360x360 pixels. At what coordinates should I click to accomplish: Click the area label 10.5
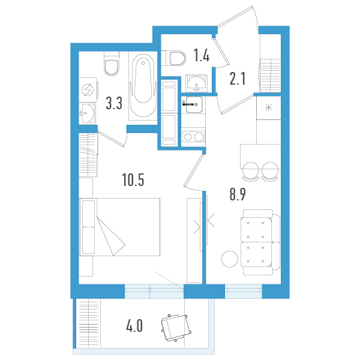click(133, 179)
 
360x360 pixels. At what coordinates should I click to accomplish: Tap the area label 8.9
click(238, 194)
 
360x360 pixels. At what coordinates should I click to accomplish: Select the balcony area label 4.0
click(134, 326)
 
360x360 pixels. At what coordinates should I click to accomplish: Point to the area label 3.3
click(114, 103)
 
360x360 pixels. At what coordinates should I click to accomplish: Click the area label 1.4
click(202, 55)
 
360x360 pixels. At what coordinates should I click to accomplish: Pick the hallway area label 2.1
click(238, 78)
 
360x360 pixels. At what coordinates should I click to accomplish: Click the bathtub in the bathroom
click(143, 85)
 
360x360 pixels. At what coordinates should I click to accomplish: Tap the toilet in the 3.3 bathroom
click(112, 64)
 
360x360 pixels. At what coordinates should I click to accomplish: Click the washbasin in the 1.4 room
click(196, 83)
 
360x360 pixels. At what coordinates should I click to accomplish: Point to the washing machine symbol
click(88, 89)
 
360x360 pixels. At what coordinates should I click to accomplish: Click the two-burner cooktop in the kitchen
click(193, 137)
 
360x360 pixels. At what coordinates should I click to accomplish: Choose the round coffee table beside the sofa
click(230, 259)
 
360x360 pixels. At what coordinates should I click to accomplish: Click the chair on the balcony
click(176, 328)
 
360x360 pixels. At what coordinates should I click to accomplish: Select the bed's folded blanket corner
click(111, 236)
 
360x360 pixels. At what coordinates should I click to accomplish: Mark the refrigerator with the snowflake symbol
click(269, 107)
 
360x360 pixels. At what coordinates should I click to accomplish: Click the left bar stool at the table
click(251, 171)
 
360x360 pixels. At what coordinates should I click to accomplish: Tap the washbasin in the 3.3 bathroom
click(88, 113)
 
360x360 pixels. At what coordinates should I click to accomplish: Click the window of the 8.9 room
click(244, 291)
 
